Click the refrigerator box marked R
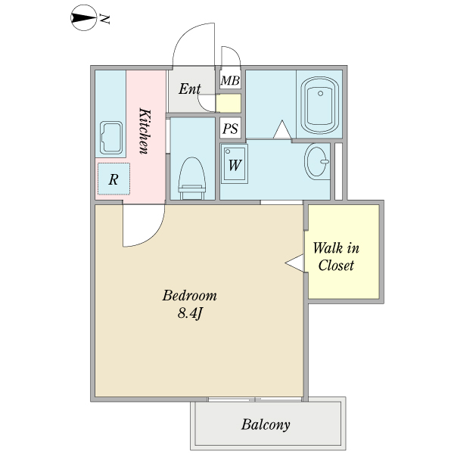[x=113, y=179]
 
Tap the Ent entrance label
[x=189, y=89]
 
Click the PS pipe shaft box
[x=230, y=129]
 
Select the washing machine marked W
[x=235, y=164]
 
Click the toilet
[x=191, y=179]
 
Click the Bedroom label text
[x=190, y=295]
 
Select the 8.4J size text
[x=189, y=313]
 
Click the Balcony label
[x=266, y=424]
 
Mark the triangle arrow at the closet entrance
[x=294, y=263]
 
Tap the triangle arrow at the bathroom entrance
[x=282, y=131]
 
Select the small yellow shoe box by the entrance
[x=229, y=104]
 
